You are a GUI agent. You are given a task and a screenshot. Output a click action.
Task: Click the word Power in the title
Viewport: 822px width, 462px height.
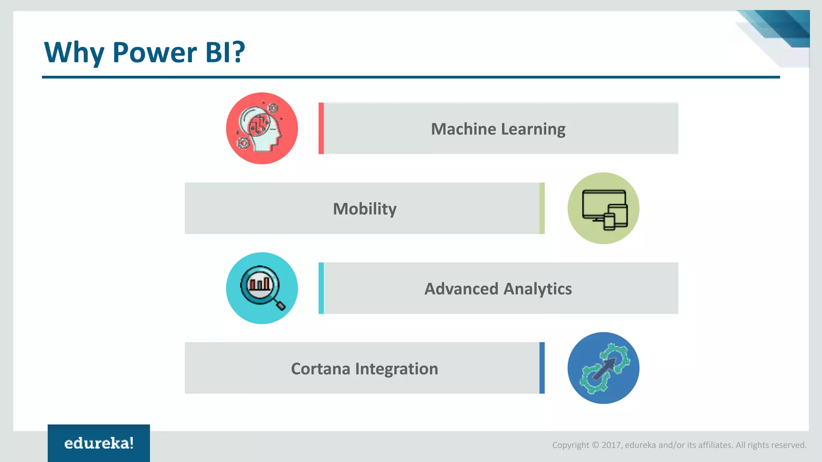point(155,53)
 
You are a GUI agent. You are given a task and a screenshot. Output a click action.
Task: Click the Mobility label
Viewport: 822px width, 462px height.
point(364,209)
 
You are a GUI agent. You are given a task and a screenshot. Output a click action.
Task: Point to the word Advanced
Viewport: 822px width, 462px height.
point(461,289)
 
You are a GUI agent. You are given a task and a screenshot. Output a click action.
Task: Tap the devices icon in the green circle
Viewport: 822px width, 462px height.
point(604,209)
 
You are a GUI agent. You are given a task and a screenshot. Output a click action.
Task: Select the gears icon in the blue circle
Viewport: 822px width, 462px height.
point(604,368)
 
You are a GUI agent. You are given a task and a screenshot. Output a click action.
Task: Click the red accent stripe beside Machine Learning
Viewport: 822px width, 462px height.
point(321,128)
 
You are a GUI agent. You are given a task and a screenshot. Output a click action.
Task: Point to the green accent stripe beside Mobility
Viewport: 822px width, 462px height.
point(542,209)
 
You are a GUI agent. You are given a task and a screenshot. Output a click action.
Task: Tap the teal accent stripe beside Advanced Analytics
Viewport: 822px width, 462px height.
point(321,288)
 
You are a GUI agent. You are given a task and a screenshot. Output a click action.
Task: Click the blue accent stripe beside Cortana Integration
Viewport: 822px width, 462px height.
point(542,368)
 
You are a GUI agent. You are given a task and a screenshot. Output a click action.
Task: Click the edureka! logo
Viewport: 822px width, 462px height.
point(99,443)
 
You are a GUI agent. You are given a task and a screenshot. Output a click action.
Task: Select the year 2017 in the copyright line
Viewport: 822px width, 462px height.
point(611,445)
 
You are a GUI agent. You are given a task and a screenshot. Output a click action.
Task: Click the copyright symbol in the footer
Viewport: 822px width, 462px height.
point(595,445)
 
